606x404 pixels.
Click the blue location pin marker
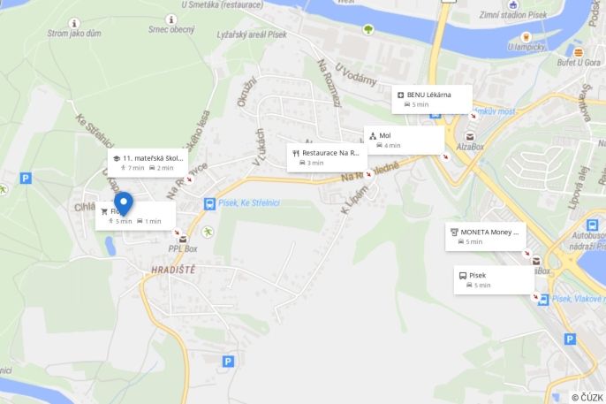tap(124, 204)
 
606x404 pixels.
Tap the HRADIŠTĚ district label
tap(172, 269)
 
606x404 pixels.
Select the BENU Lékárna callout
tap(432, 99)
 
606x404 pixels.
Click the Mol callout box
tap(404, 140)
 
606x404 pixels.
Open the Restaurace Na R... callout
tap(326, 157)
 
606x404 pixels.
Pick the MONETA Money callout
tap(485, 237)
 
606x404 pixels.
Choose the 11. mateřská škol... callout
tap(148, 162)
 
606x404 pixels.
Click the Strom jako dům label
tap(75, 34)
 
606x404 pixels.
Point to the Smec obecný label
tap(171, 29)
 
